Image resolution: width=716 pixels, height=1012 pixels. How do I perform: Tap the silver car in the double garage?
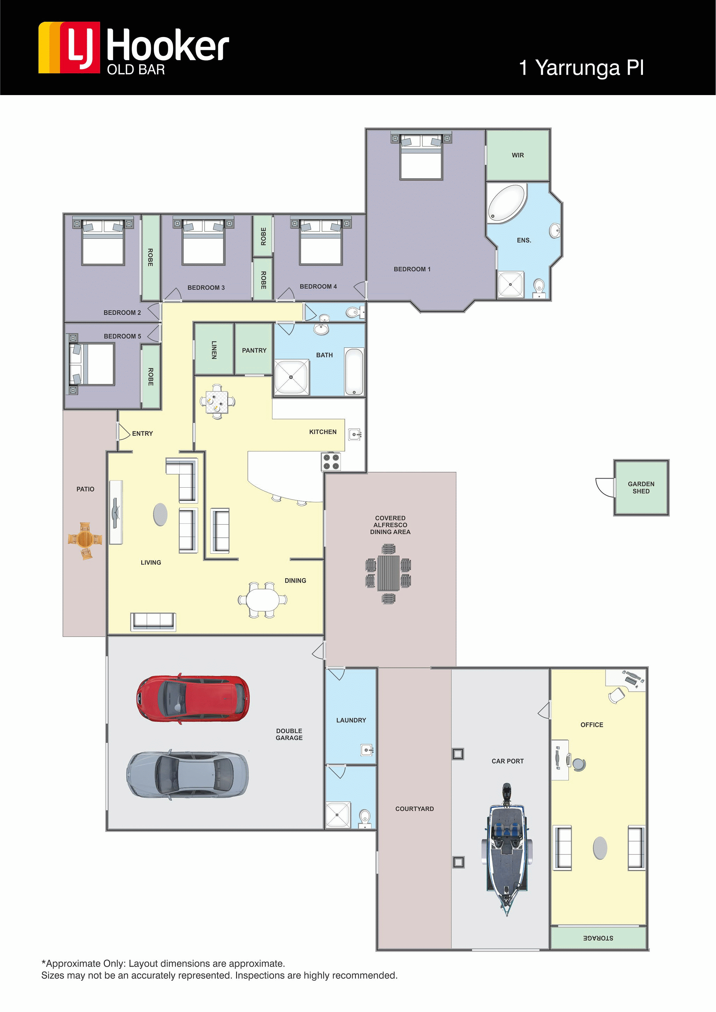[x=187, y=775]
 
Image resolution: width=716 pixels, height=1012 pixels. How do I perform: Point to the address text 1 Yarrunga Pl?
[x=581, y=67]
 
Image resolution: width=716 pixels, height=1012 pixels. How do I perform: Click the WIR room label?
[x=518, y=155]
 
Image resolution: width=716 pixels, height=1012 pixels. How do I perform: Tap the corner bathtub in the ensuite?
[x=507, y=204]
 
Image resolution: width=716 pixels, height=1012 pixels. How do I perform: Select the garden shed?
[x=641, y=488]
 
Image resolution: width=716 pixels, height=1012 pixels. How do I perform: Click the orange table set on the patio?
[x=85, y=540]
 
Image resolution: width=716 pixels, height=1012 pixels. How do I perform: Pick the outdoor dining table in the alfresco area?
[x=388, y=573]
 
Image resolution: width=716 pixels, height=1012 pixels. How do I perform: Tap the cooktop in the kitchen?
[x=331, y=461]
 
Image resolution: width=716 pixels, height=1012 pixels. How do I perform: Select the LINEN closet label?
[x=214, y=350]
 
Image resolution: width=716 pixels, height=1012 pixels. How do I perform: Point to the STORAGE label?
[x=598, y=938]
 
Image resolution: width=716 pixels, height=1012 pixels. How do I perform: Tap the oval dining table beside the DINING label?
[x=263, y=600]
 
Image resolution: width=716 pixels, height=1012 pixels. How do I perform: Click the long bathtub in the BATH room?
[x=354, y=372]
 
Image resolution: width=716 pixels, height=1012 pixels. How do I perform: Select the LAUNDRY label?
[x=351, y=720]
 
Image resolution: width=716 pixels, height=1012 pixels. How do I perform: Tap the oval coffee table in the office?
[x=600, y=848]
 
